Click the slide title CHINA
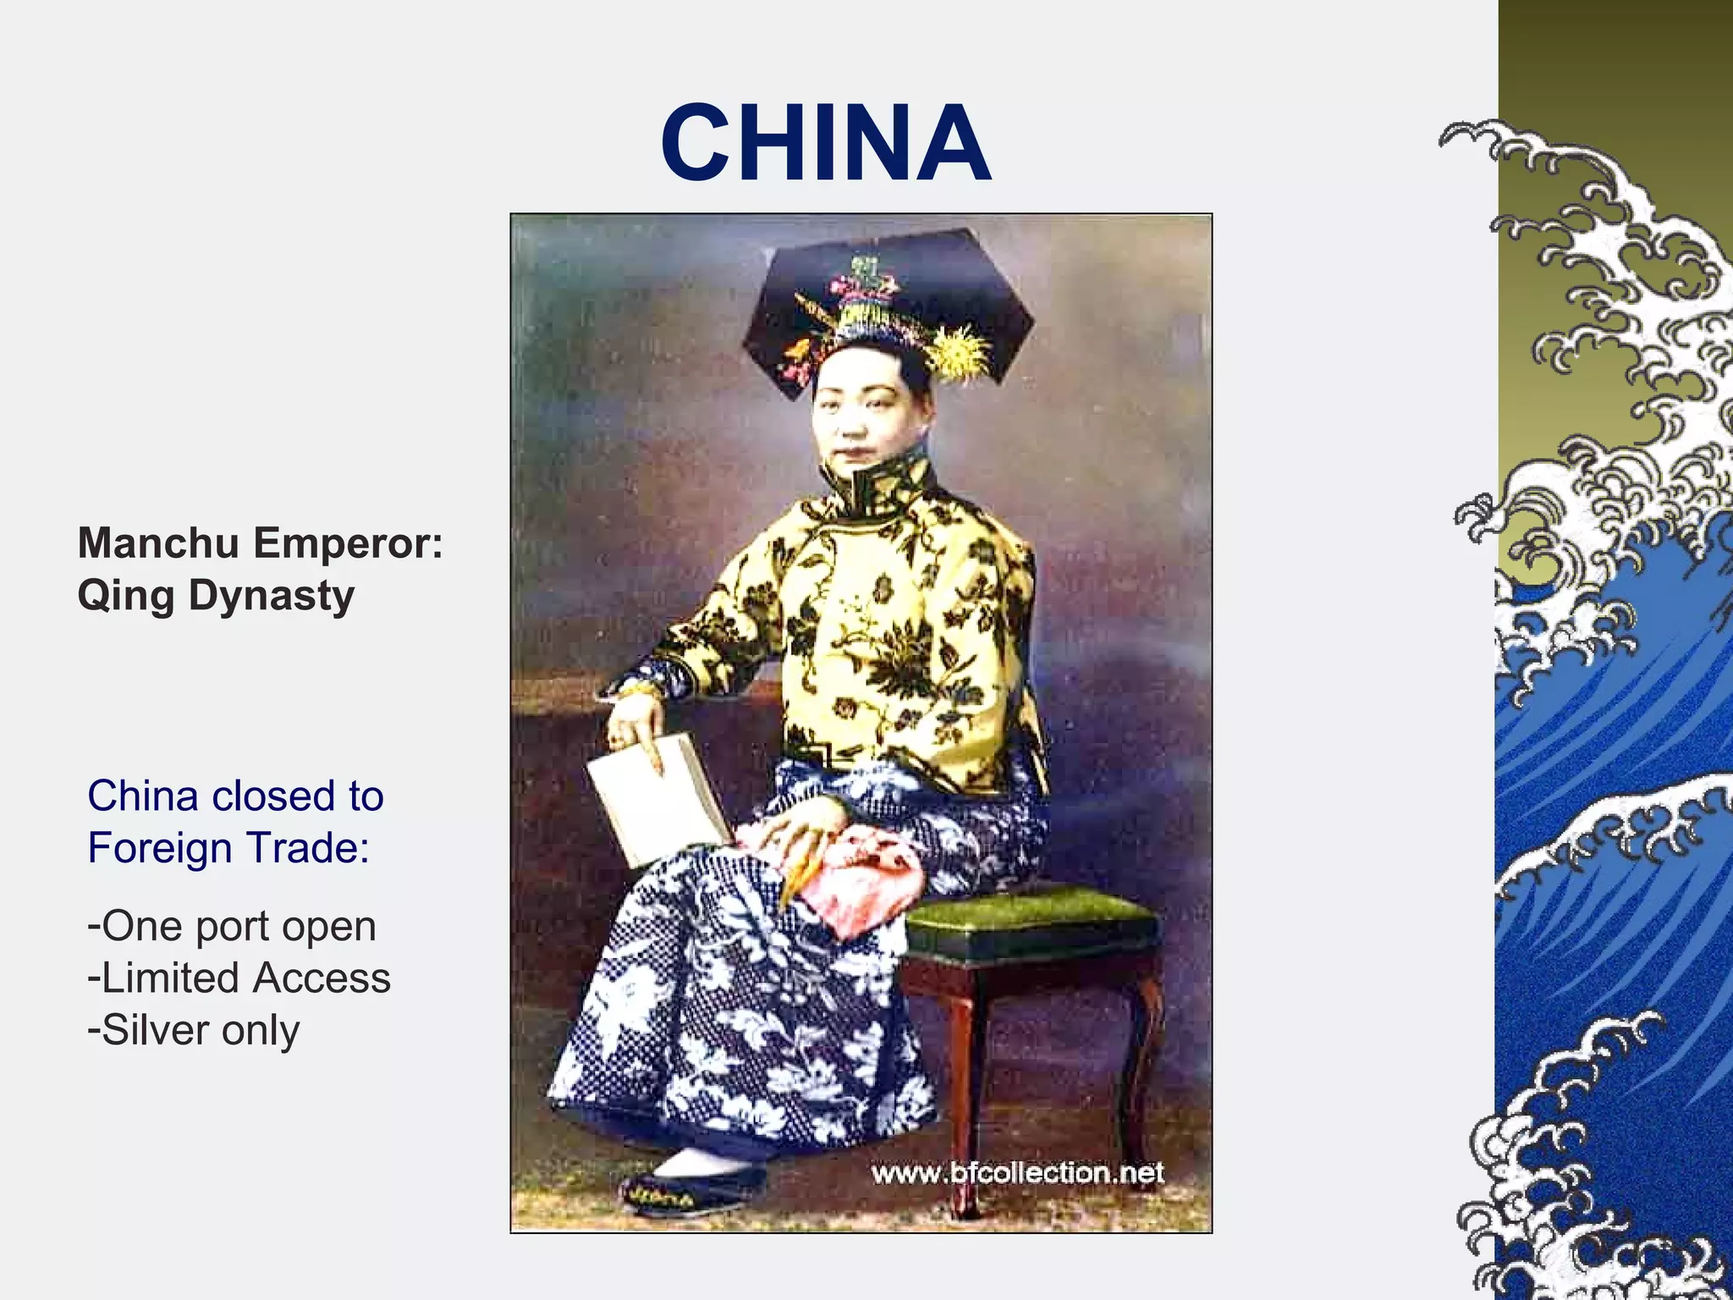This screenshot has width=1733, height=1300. click(825, 142)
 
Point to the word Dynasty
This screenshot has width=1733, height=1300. click(271, 596)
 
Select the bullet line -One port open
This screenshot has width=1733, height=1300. click(232, 926)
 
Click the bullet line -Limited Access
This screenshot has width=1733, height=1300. click(239, 978)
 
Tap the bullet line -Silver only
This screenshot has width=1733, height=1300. click(194, 1030)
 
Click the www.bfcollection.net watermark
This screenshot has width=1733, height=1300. click(1018, 1173)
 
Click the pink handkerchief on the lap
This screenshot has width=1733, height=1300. click(846, 880)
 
